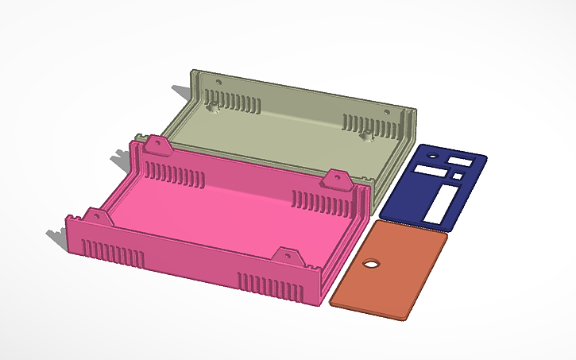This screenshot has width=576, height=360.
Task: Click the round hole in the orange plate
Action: point(370,264)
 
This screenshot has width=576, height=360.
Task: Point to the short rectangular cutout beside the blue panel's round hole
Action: point(460,161)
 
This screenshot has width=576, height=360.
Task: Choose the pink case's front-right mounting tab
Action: point(285,257)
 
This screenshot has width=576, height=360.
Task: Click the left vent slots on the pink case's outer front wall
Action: point(114,253)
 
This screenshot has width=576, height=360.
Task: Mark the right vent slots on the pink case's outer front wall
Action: point(270,287)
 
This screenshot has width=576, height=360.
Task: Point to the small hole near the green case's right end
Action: point(387,112)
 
